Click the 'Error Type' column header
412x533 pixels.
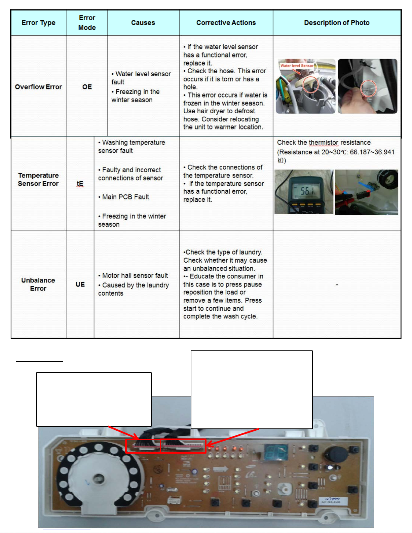tap(38, 23)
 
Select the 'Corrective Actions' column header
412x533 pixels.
tap(226, 23)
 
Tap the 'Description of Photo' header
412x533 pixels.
tap(337, 23)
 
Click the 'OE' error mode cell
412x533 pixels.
tap(87, 87)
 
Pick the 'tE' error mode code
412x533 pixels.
tap(80, 184)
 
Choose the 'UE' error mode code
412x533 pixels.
tap(80, 284)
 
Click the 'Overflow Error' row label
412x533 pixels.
tap(38, 87)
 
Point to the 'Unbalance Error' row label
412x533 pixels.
tap(38, 284)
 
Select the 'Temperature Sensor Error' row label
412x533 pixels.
tap(38, 180)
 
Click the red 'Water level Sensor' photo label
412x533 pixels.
tap(297, 66)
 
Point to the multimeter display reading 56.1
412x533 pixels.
tap(307, 191)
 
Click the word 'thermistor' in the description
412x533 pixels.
tap(324, 143)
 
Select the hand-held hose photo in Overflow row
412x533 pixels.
tap(367, 86)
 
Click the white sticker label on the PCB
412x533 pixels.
tap(330, 500)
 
